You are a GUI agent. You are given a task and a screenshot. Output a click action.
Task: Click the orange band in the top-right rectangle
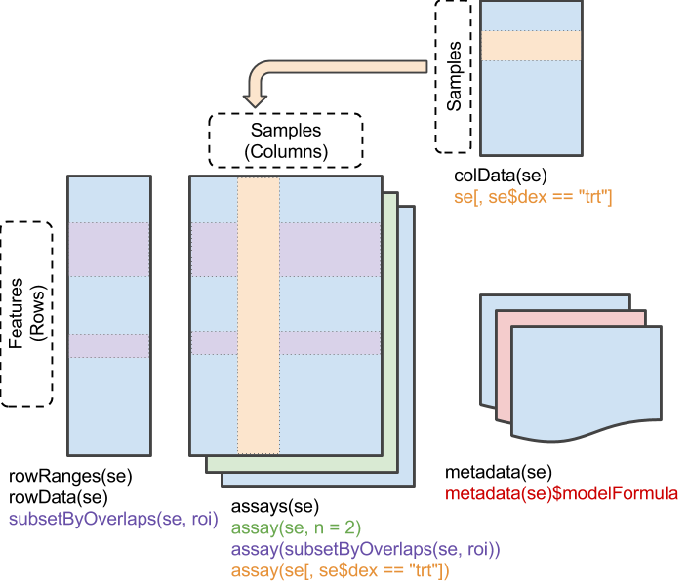click(x=530, y=46)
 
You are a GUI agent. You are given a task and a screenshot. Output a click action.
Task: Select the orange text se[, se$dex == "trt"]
click(x=533, y=197)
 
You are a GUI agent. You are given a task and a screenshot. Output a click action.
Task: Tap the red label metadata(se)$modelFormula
click(x=561, y=494)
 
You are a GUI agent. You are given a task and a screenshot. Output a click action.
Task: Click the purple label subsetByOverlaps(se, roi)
click(x=113, y=519)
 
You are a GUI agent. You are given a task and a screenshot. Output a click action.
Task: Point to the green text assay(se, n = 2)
click(x=296, y=528)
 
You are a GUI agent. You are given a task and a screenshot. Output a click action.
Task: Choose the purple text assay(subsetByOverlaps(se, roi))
click(x=365, y=550)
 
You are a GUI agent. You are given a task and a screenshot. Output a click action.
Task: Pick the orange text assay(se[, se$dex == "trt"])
click(x=340, y=570)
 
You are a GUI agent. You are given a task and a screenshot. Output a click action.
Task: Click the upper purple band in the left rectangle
click(x=109, y=249)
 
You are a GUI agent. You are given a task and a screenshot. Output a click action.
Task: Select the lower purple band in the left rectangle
click(x=109, y=346)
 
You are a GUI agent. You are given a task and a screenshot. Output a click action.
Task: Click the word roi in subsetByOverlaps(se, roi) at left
click(x=199, y=519)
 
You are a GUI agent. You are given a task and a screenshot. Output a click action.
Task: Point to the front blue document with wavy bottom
click(x=586, y=380)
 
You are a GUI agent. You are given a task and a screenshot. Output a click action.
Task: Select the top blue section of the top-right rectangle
click(x=530, y=17)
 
